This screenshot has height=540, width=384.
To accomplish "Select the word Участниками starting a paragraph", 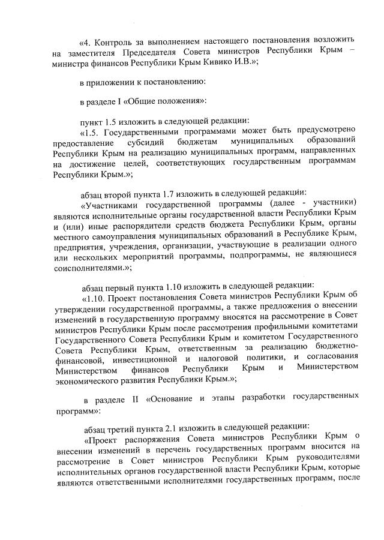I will point(116,203).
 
